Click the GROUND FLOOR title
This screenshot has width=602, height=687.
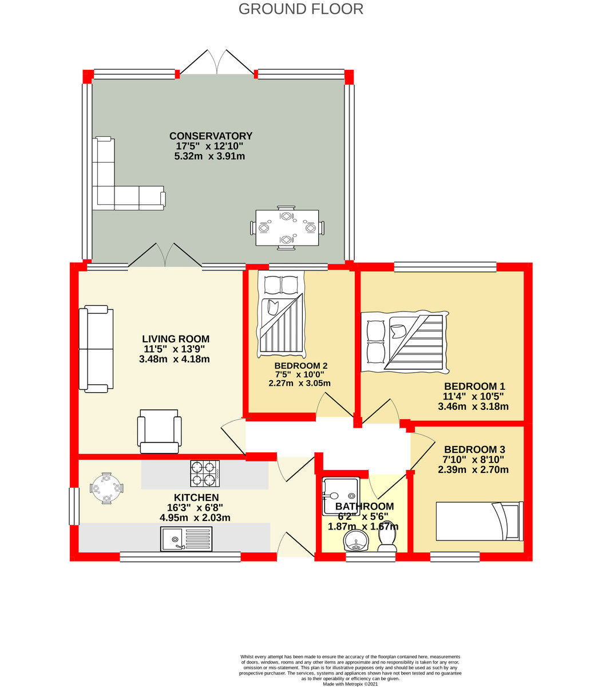click(300, 9)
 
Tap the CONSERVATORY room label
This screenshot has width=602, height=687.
click(211, 136)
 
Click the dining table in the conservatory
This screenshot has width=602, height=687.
click(287, 227)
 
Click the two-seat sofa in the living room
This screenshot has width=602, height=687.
click(96, 349)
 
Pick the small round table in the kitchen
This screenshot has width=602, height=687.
click(106, 488)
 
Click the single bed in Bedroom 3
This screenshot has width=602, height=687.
click(480, 521)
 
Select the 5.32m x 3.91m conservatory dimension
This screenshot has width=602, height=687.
click(211, 156)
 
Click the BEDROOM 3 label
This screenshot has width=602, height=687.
click(474, 449)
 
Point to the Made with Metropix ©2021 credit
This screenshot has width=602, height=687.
click(350, 684)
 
